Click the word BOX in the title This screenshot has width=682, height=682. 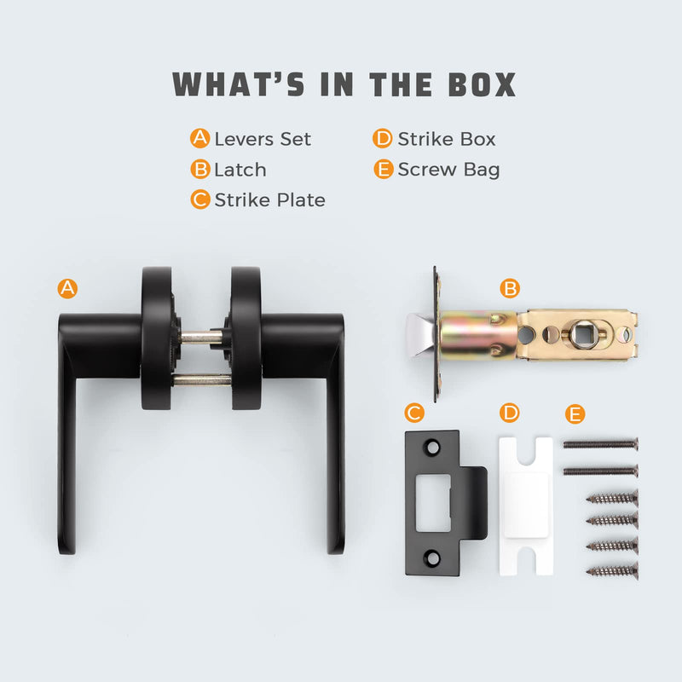(x=482, y=84)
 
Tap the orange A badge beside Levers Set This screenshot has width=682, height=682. (x=200, y=138)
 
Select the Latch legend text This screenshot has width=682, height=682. (x=240, y=170)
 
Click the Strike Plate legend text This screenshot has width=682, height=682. (x=269, y=200)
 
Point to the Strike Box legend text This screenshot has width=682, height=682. (x=447, y=139)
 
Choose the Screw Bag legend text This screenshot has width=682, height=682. (x=449, y=170)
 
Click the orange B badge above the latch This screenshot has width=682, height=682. (x=510, y=288)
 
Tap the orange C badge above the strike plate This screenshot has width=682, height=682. (x=414, y=413)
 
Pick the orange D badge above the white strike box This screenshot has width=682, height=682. (x=510, y=413)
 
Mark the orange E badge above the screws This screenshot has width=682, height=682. (x=575, y=413)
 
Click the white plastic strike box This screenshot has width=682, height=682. (x=526, y=506)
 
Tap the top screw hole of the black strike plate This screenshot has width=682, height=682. (x=432, y=448)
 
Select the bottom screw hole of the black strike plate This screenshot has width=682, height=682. (x=432, y=558)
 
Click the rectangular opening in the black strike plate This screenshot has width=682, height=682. (x=433, y=503)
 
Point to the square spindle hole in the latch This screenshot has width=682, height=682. (x=582, y=334)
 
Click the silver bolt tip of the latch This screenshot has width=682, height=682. (x=419, y=335)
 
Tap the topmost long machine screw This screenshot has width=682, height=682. (x=601, y=444)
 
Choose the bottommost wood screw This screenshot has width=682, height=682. (x=612, y=570)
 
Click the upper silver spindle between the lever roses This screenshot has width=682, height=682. (x=201, y=336)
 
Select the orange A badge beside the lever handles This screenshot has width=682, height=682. (x=67, y=288)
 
